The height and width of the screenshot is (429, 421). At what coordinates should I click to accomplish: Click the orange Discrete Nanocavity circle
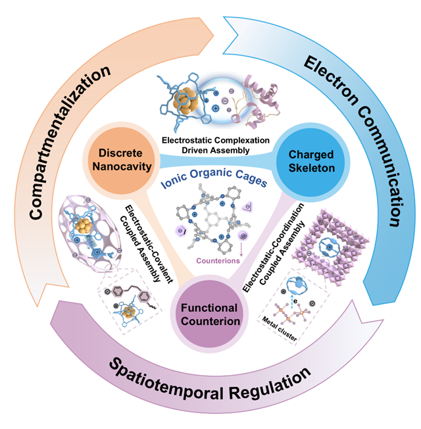tap(121, 160)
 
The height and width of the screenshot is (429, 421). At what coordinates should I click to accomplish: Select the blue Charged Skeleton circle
tap(312, 162)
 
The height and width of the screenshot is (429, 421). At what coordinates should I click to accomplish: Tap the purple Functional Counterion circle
tap(210, 314)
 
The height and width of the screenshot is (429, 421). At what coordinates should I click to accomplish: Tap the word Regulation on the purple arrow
tap(270, 383)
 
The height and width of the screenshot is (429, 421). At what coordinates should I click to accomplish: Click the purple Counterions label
tap(218, 261)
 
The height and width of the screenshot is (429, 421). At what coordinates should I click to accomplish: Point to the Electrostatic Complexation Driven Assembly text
tap(216, 145)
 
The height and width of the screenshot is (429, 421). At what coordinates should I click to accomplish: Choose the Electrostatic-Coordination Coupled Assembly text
tap(273, 247)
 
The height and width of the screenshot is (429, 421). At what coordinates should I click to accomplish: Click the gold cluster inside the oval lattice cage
tap(84, 226)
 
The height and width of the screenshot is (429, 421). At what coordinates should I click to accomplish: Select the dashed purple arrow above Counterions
tap(241, 248)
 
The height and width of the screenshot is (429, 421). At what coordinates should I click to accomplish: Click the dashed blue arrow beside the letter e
tap(292, 302)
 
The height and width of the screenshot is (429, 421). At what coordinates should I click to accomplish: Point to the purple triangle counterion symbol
tap(247, 207)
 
